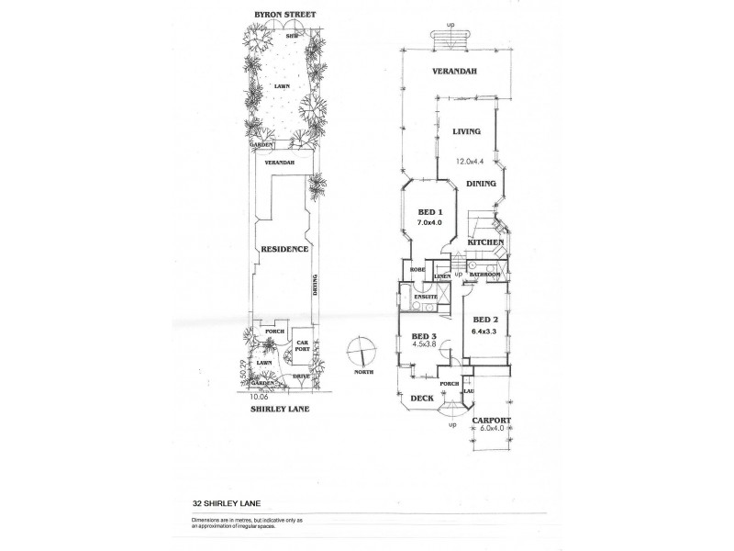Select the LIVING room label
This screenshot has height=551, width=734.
tap(467, 132)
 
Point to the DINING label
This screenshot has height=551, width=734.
tap(481, 184)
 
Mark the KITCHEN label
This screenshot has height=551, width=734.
tap(485, 242)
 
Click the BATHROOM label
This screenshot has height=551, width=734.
tap(484, 275)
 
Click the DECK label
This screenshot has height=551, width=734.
tap(421, 398)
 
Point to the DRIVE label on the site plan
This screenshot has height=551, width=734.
tap(300, 377)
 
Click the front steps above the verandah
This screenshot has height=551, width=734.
tap(448, 41)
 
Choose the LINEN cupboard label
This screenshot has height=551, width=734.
tap(441, 275)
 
